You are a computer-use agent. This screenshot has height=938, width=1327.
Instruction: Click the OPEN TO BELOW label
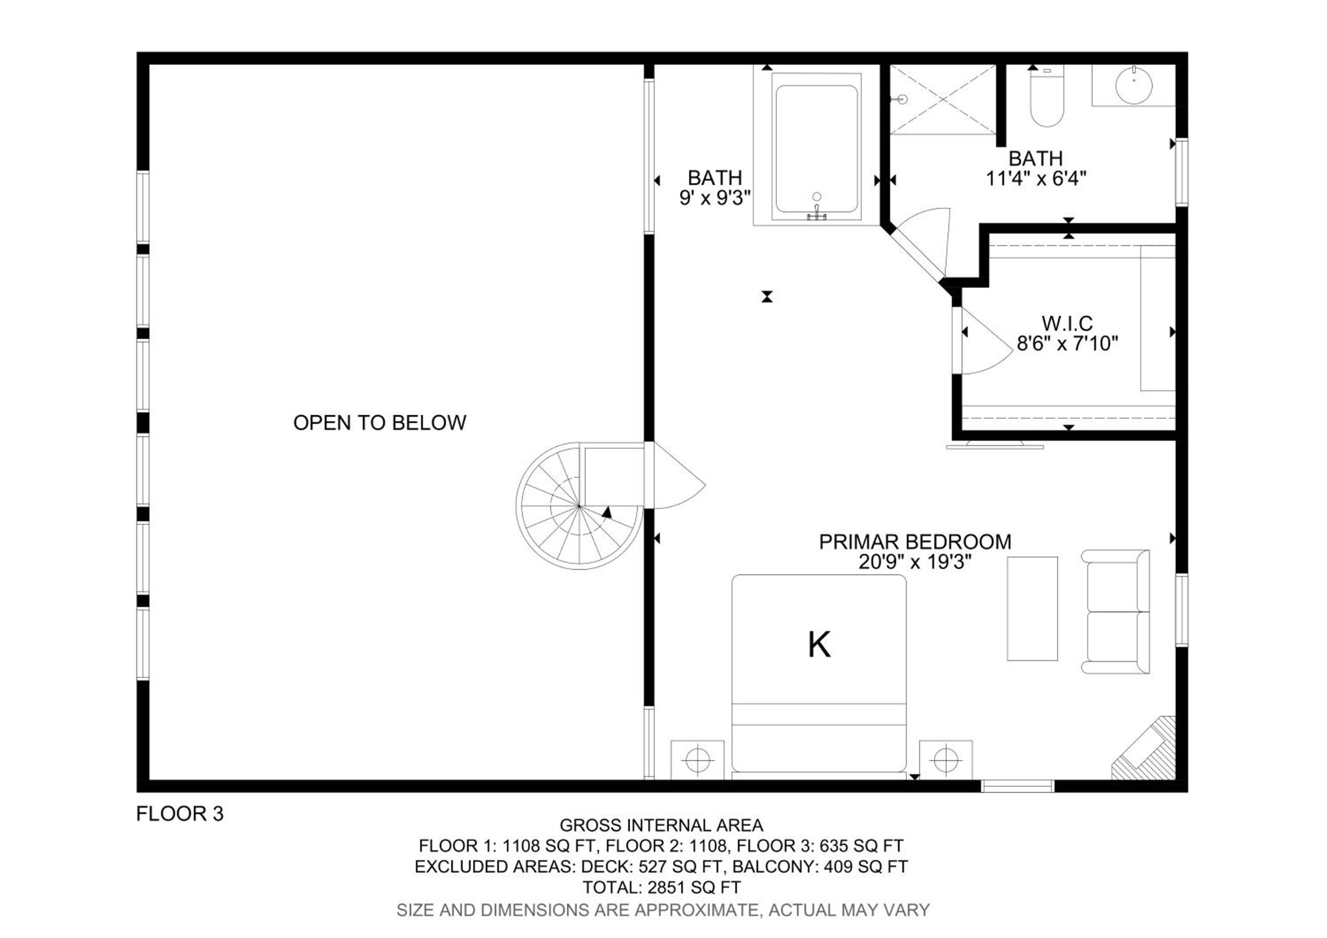pyautogui.click(x=380, y=423)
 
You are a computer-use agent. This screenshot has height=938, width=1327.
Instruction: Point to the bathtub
pyautogui.click(x=816, y=149)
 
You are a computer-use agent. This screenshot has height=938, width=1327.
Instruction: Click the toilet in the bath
pyautogui.click(x=1047, y=96)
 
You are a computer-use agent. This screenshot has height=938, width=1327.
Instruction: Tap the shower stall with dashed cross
pyautogui.click(x=943, y=100)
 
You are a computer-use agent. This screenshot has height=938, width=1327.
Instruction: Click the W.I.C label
pyautogui.click(x=1067, y=323)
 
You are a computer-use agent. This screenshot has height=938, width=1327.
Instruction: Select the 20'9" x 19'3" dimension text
pyautogui.click(x=915, y=562)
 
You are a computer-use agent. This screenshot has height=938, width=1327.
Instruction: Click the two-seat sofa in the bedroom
pyautogui.click(x=1115, y=611)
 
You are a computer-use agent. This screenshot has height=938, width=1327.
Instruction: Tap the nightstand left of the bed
pyautogui.click(x=698, y=759)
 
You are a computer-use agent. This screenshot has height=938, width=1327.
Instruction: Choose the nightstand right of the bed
pyautogui.click(x=946, y=759)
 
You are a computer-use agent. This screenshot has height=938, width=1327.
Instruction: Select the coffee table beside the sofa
pyautogui.click(x=1032, y=608)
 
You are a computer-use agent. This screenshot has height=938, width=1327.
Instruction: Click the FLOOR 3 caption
pyautogui.click(x=180, y=814)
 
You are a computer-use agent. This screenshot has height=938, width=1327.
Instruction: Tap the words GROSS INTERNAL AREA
pyautogui.click(x=661, y=825)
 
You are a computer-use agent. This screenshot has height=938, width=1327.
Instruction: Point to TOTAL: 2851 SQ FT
pyautogui.click(x=661, y=887)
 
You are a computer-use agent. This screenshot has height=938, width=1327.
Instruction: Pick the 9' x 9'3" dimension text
pyautogui.click(x=715, y=198)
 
